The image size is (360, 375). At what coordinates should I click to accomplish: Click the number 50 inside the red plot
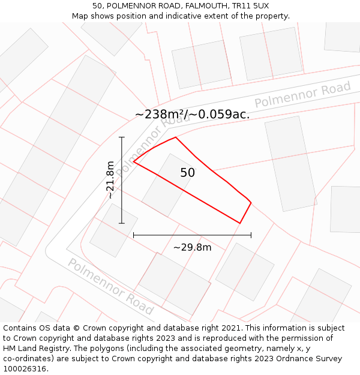pos(188,173)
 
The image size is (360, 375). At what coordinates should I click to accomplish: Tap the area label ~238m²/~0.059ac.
pos(192,114)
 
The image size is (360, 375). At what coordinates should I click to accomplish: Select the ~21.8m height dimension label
pos(110,180)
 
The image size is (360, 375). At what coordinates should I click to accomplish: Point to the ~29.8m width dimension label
pos(192,247)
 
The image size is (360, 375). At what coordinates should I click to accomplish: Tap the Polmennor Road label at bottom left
pos(110,287)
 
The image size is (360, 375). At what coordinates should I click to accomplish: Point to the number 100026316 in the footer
pos(25,369)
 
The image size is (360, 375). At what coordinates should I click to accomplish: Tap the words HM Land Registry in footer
pos(34,349)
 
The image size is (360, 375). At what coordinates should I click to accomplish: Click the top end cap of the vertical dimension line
pos(122,137)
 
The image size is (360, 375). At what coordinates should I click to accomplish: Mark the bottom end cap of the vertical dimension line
pos(122,223)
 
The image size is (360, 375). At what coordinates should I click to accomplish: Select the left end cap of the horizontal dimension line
pos(133,235)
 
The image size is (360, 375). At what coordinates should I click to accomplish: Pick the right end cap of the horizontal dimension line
pos(251,235)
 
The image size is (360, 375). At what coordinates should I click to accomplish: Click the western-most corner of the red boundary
pos(133,161)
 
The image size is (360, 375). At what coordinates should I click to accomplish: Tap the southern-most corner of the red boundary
pos(240,223)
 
